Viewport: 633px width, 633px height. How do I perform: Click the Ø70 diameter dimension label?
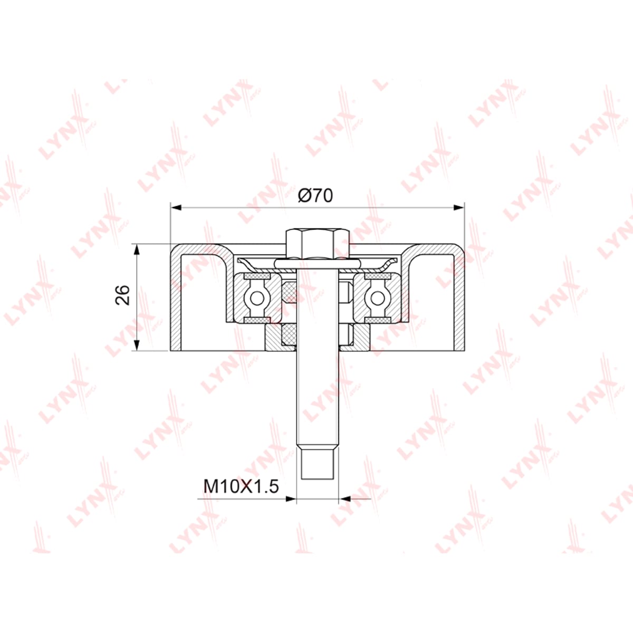[x=315, y=196]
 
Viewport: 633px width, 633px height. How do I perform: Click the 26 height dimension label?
[x=122, y=295]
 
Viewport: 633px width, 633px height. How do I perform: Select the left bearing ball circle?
[x=256, y=298]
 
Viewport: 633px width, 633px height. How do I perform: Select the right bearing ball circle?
[x=378, y=298]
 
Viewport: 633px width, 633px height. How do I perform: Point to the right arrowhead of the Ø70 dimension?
[x=459, y=207]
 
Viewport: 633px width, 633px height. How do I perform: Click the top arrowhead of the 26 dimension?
[x=137, y=250]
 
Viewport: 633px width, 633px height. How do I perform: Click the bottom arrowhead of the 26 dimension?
[x=137, y=345]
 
